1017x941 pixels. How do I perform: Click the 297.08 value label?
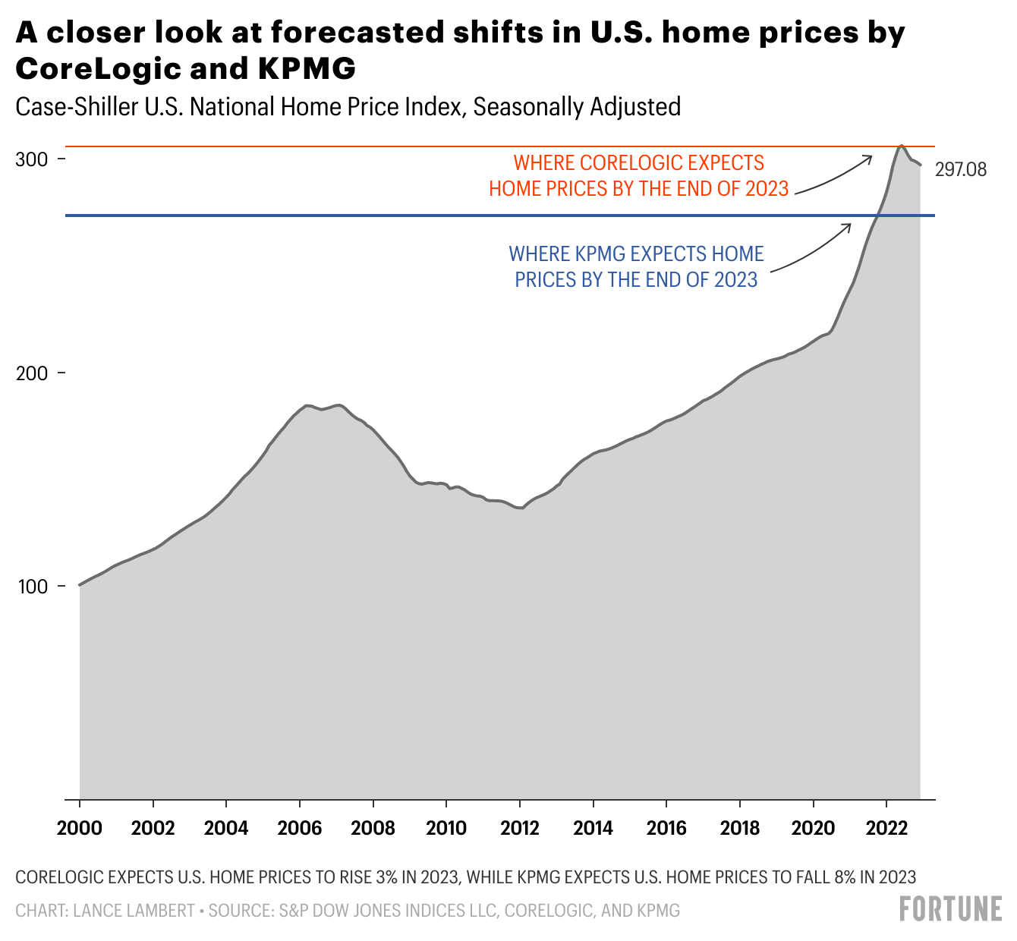pos(960,170)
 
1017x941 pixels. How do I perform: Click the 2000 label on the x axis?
pos(80,827)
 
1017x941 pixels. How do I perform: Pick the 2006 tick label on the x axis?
pos(300,827)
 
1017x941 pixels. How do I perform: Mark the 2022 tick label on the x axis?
pos(886,827)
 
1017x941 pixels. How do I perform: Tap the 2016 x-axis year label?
pos(666,827)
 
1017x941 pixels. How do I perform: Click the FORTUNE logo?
pos(950,909)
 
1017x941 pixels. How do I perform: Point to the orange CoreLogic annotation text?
pos(638,175)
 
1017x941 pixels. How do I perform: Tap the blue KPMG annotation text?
pos(636,266)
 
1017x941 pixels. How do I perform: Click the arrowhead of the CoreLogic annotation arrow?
pos(871,157)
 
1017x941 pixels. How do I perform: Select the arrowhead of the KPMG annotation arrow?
pos(849,225)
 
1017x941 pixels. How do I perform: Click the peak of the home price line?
pos(901,145)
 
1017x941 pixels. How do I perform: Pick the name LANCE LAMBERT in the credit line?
pos(134,911)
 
